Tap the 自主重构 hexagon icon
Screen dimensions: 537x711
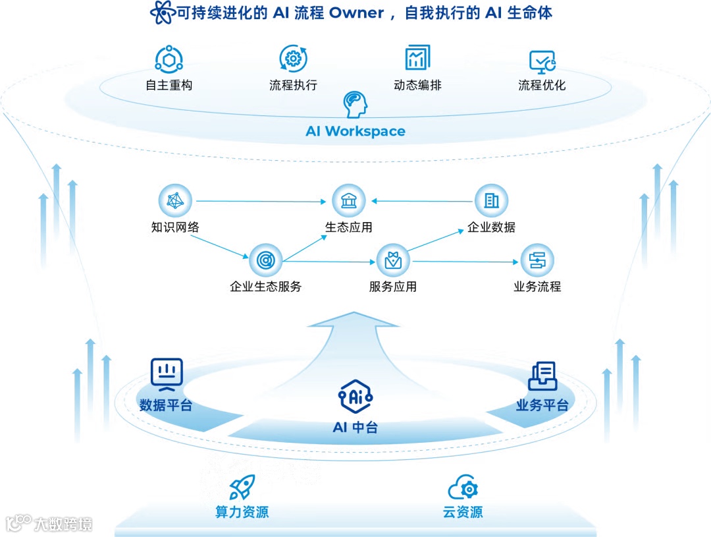pyautogui.click(x=169, y=59)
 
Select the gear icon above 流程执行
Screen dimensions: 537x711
pyautogui.click(x=293, y=59)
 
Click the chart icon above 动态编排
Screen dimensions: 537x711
pyautogui.click(x=417, y=58)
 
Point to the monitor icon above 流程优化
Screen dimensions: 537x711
pyautogui.click(x=542, y=61)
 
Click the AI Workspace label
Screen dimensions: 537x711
pyautogui.click(x=355, y=131)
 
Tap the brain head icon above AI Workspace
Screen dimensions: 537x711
pyautogui.click(x=355, y=104)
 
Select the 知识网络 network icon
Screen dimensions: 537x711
pyautogui.click(x=175, y=200)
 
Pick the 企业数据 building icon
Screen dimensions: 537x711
pyautogui.click(x=491, y=200)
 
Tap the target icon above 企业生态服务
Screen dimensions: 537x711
pyautogui.click(x=265, y=260)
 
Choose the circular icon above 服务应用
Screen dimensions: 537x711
pyautogui.click(x=393, y=260)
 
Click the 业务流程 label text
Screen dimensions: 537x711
pyautogui.click(x=537, y=287)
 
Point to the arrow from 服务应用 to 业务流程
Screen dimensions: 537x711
pyautogui.click(x=465, y=262)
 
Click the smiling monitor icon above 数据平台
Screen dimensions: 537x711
pyautogui.click(x=166, y=372)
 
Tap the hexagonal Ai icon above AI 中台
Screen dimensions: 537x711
pyautogui.click(x=355, y=395)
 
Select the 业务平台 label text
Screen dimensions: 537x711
pyautogui.click(x=542, y=405)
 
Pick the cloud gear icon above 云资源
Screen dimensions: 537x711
pyautogui.click(x=463, y=488)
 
